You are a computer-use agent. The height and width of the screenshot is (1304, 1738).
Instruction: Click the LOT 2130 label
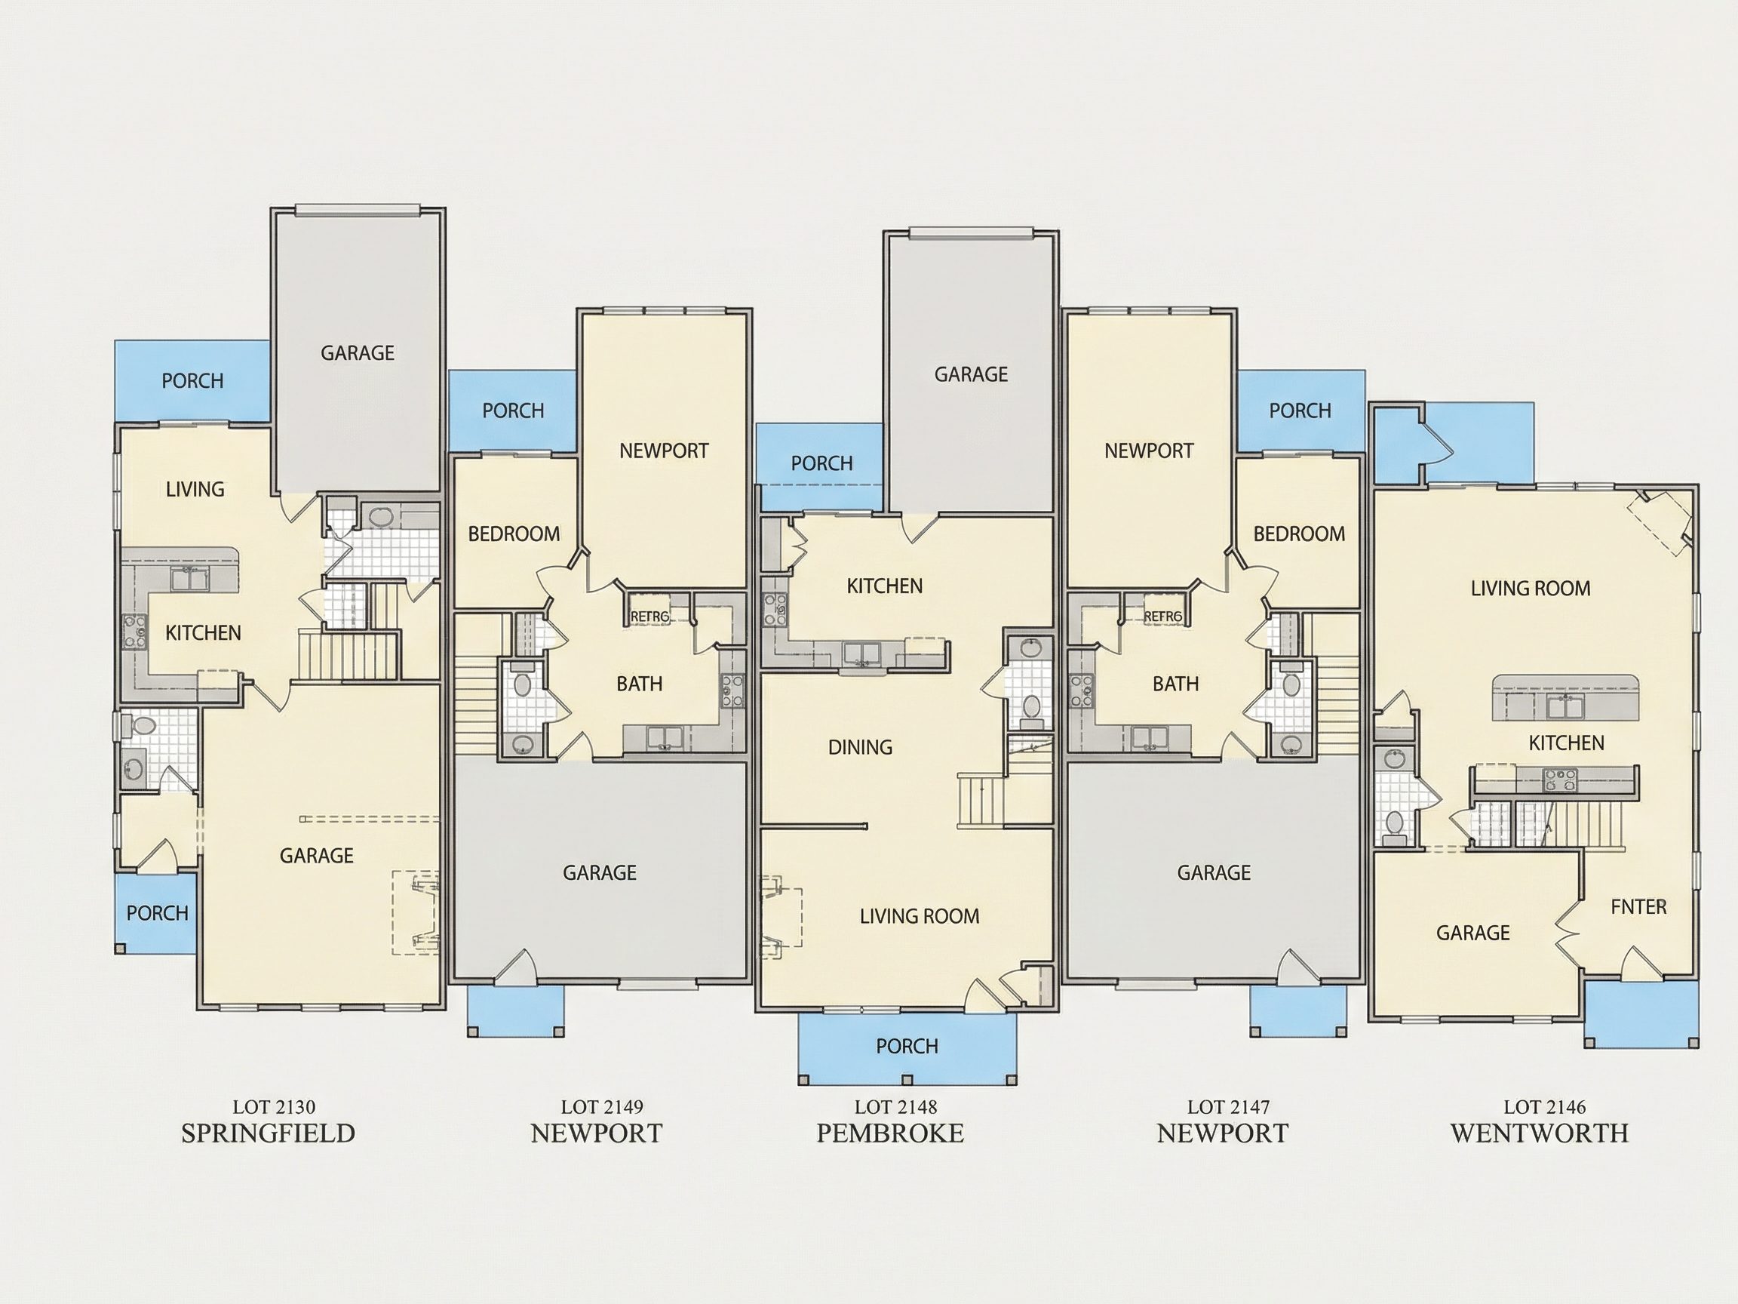click(x=273, y=1107)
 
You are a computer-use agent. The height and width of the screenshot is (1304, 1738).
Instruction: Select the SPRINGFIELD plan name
click(x=268, y=1133)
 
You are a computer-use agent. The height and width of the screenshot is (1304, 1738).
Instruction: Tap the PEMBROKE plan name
click(x=890, y=1133)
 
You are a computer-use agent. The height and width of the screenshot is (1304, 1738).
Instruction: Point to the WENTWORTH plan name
click(x=1539, y=1133)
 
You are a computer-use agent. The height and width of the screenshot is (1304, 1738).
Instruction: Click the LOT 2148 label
click(x=895, y=1107)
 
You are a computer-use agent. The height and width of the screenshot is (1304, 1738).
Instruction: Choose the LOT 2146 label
click(x=1545, y=1107)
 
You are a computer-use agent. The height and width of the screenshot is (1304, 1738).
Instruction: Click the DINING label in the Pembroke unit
click(x=861, y=747)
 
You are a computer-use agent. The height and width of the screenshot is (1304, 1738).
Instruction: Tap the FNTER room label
click(x=1638, y=906)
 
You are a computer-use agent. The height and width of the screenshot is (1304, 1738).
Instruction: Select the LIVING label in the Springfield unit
click(x=195, y=489)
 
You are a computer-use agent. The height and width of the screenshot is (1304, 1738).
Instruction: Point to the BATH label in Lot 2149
click(x=639, y=684)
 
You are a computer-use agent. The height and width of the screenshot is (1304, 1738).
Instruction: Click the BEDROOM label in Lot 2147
click(x=1299, y=534)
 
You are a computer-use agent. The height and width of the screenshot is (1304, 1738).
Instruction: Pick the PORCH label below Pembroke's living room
click(x=907, y=1046)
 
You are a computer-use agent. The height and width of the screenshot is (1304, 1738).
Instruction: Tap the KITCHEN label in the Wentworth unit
click(x=1566, y=743)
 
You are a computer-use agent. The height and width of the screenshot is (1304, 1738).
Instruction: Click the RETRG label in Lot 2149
click(x=649, y=617)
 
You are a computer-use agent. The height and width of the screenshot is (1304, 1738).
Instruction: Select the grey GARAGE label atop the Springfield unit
click(x=358, y=353)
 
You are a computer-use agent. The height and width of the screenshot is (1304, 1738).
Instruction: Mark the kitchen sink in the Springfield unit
click(x=189, y=579)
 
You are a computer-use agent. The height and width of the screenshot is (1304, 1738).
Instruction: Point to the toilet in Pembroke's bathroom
click(x=1031, y=706)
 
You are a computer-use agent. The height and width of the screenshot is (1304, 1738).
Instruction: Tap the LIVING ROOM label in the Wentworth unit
click(x=1531, y=588)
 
